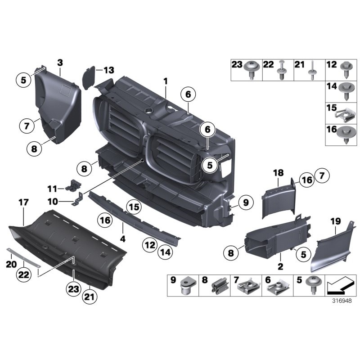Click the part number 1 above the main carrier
click(x=166, y=81)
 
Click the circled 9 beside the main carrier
click(x=246, y=204)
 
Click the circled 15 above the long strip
click(x=134, y=207)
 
